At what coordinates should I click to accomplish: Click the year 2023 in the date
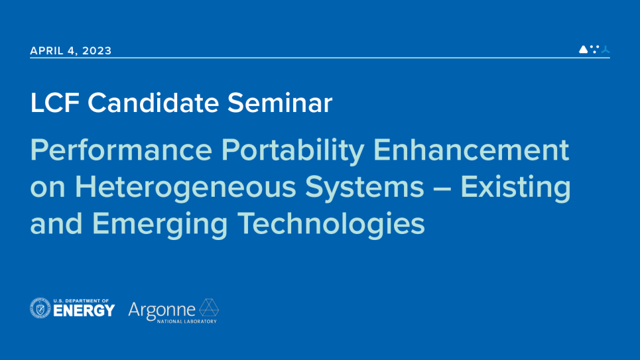tap(97, 50)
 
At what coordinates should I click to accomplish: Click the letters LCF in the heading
tap(54, 103)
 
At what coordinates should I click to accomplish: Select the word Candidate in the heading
tap(153, 103)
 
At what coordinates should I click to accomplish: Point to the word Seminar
tap(280, 103)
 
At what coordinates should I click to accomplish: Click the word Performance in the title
tap(121, 150)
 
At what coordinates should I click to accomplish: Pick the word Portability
tap(292, 151)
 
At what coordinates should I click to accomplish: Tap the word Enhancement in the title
tap(471, 150)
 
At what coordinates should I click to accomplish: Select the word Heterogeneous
tap(185, 188)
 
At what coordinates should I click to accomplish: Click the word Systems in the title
tap(365, 188)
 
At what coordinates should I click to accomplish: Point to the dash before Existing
tap(442, 189)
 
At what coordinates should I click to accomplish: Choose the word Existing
tap(515, 188)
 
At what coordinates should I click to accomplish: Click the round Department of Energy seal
tap(40, 308)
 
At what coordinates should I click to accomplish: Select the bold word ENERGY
tap(84, 311)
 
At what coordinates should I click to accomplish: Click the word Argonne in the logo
tap(162, 311)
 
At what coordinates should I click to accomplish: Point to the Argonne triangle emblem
tap(209, 308)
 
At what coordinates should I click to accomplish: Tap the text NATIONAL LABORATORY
tap(187, 322)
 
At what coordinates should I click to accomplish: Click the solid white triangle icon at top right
tap(584, 49)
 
